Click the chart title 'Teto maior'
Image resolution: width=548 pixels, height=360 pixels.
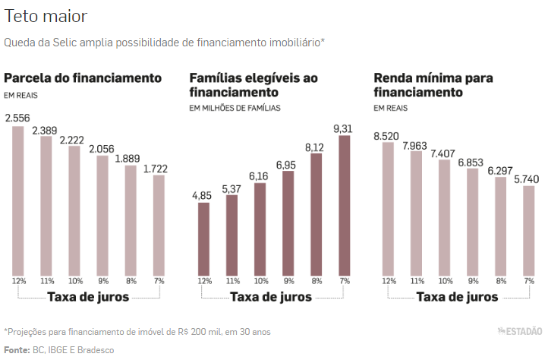coord(46,16)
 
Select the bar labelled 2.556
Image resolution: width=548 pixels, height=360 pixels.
coord(18,201)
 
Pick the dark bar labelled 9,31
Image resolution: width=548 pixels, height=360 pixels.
coord(345,205)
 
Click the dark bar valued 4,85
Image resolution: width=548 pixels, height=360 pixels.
coord(203,238)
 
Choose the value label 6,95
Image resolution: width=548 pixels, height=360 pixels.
coord(288,164)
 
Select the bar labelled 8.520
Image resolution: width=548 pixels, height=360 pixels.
coord(389,209)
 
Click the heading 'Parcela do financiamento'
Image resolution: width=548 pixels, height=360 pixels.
coord(83,77)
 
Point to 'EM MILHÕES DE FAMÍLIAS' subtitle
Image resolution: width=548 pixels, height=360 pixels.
coord(235,109)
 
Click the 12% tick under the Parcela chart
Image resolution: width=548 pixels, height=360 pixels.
coord(18,281)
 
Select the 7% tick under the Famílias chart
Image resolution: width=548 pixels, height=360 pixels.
coord(345,281)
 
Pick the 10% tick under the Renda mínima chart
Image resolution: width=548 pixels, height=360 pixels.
coord(445,281)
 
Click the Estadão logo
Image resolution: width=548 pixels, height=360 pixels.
coord(520,331)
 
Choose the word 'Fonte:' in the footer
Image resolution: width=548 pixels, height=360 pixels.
coord(17,349)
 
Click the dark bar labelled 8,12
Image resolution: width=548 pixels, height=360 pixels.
coord(317,214)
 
